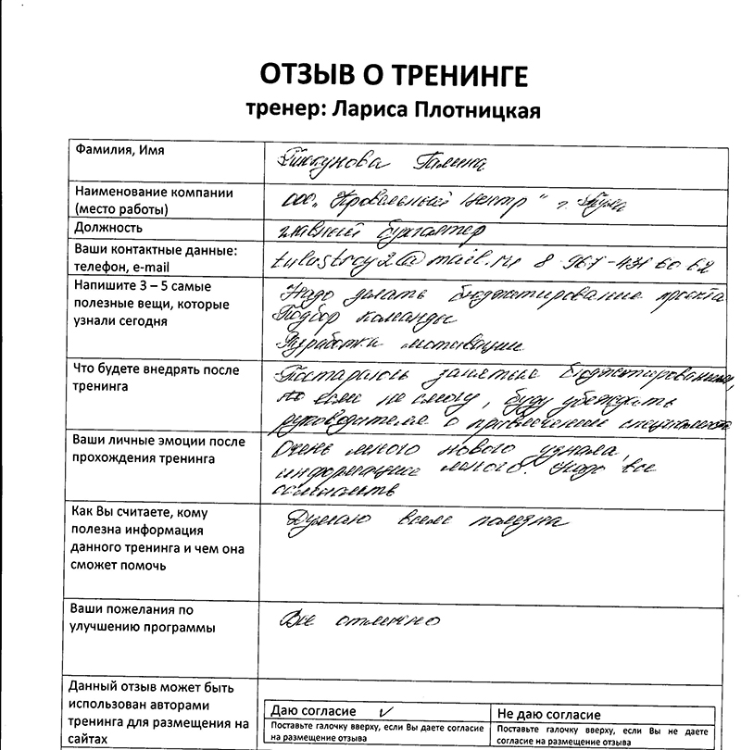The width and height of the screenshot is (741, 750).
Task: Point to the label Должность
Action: click(107, 227)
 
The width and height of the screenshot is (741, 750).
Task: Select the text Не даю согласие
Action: click(548, 714)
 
